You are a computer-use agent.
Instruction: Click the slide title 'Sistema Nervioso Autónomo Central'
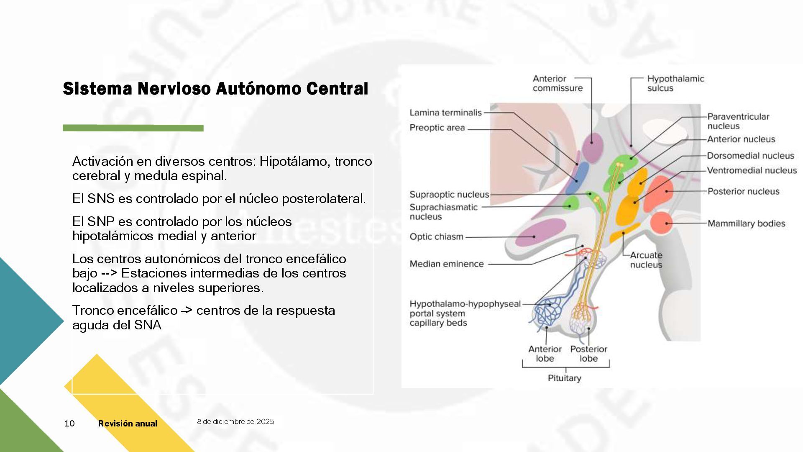pos(215,89)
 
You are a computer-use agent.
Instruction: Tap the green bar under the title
pos(133,128)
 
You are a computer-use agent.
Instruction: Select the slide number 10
pos(69,424)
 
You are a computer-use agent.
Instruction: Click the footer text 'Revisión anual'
pos(128,424)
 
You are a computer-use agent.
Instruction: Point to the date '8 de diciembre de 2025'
pos(235,421)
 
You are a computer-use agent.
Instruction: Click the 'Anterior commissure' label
pos(557,83)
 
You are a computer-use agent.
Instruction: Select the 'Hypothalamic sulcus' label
pos(675,83)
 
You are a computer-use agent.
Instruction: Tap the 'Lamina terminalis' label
pos(445,113)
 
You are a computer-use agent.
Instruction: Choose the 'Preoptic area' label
pos(437,128)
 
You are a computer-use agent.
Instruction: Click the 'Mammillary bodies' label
pos(746,223)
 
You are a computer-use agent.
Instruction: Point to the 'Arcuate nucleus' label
pos(646,260)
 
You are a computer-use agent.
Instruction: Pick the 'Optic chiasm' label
pos(436,237)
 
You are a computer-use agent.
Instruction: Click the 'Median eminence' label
pos(446,264)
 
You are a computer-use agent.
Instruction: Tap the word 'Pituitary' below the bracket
pos(564,378)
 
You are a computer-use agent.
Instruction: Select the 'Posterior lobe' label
pos(588,354)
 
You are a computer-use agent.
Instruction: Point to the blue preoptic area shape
pos(578,178)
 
